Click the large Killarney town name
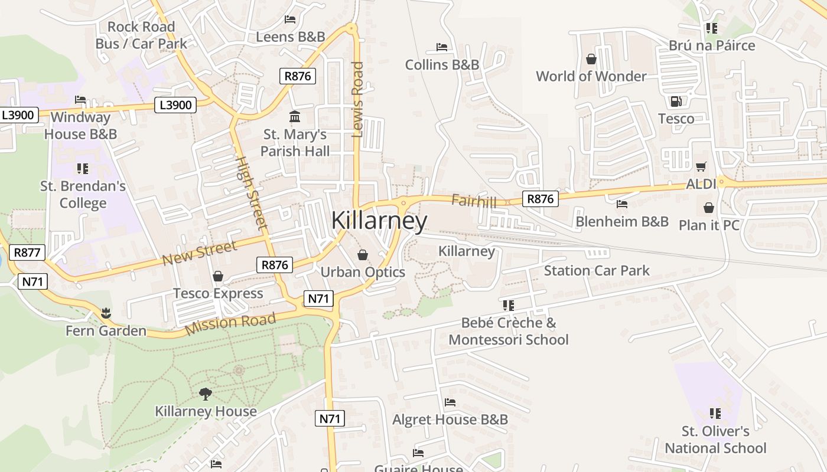[379, 220]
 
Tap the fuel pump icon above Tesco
[676, 101]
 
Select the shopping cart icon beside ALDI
[701, 166]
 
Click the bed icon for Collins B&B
[441, 47]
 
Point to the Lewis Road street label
[357, 99]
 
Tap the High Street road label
[252, 192]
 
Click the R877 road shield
[28, 253]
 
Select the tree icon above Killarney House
[205, 394]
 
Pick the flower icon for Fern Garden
[106, 312]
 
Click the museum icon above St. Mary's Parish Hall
[294, 116]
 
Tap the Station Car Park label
[596, 271]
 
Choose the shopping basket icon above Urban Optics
[363, 255]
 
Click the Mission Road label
[230, 324]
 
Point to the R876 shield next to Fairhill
[540, 199]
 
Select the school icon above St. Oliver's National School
[715, 413]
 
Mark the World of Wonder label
[591, 76]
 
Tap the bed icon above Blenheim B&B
[621, 204]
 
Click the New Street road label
[199, 253]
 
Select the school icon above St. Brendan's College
[83, 169]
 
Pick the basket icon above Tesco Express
[218, 276]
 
